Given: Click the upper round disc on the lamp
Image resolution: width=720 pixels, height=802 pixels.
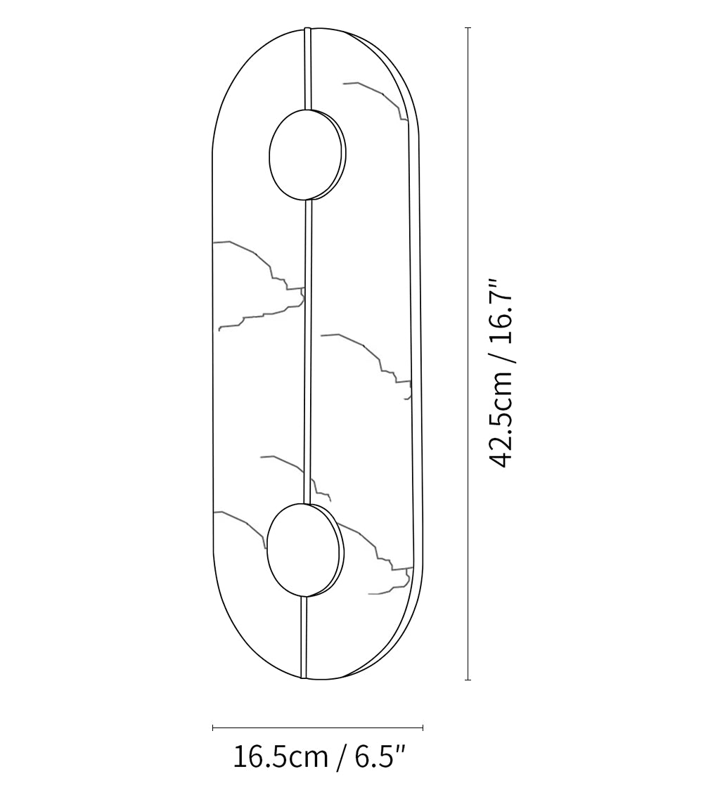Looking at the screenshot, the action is [307, 154].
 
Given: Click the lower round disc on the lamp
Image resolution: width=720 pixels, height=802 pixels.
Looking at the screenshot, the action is [305, 550].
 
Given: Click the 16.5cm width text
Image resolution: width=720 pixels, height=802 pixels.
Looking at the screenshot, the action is [281, 757].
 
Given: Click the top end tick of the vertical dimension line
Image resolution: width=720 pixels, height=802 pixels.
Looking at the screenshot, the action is [468, 28].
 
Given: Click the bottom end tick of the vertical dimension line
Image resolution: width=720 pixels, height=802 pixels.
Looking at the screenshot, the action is [468, 679].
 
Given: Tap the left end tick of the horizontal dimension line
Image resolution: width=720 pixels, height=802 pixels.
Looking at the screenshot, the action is [213, 727].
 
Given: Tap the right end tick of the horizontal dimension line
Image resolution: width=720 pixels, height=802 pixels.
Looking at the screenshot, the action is [423, 727].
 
